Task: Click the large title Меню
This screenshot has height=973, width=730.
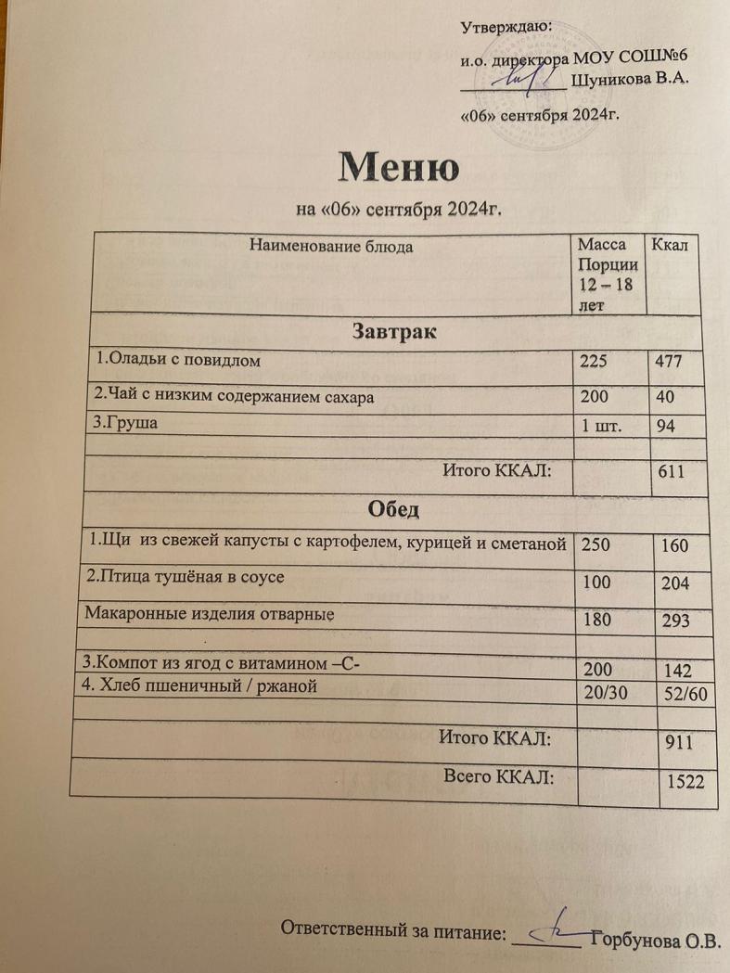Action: [x=398, y=168]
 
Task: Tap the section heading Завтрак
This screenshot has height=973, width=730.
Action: [x=394, y=329]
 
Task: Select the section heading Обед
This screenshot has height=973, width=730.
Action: [x=394, y=510]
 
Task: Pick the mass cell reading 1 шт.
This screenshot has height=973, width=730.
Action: [x=601, y=428]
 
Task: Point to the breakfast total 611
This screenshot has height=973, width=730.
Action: [x=671, y=473]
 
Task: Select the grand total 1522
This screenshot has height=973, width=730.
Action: [x=686, y=784]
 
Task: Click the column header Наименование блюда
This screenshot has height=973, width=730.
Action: [x=331, y=247]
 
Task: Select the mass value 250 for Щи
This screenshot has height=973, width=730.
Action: [x=597, y=545]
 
